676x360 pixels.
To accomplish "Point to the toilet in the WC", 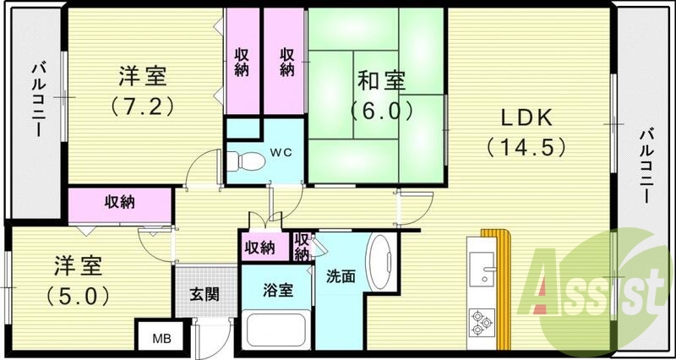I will [x=243, y=158].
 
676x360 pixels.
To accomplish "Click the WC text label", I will [x=280, y=153].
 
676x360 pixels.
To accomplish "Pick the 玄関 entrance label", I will [x=204, y=294].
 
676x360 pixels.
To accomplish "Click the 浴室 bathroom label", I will [x=277, y=290].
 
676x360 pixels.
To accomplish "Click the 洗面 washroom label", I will [x=341, y=275].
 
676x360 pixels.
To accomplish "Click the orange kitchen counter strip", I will [x=505, y=279].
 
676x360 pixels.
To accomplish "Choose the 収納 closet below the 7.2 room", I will [x=120, y=202].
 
